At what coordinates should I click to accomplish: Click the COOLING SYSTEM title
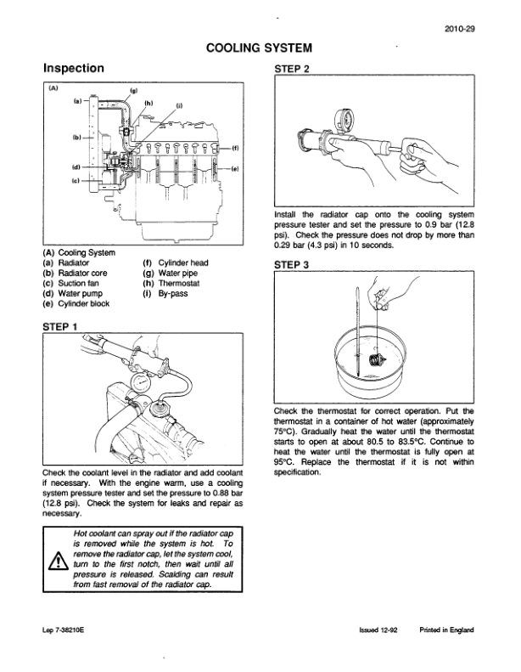point(259,48)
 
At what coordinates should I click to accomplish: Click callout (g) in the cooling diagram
point(133,90)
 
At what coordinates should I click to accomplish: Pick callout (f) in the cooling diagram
point(234,147)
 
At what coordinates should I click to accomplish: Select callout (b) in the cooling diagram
point(76,136)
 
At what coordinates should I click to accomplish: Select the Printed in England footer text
point(445,630)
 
